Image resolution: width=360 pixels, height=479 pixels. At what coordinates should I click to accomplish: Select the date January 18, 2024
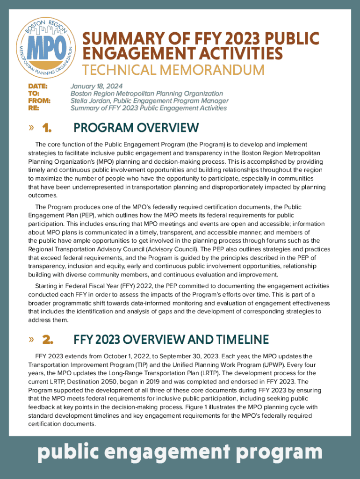tap(96, 86)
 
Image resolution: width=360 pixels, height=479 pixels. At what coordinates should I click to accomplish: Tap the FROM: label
tap(39, 101)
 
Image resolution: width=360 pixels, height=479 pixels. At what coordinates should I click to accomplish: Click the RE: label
tap(34, 108)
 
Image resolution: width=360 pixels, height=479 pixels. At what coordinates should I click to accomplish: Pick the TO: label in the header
tap(34, 94)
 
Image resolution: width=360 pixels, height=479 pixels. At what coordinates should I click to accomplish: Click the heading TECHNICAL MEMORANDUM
tap(173, 70)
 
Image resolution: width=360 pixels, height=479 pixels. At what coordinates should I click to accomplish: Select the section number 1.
tap(46, 128)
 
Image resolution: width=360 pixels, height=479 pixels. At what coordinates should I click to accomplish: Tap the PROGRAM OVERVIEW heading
tap(136, 128)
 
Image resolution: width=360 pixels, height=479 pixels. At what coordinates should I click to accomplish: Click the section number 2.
tap(47, 339)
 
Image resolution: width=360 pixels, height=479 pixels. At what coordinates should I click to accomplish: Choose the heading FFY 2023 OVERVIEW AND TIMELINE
tap(171, 339)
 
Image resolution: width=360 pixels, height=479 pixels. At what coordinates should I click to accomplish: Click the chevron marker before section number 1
tap(31, 128)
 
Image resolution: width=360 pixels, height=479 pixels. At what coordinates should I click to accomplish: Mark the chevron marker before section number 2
tap(31, 339)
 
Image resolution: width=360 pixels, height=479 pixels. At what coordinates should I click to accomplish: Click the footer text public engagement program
tap(180, 452)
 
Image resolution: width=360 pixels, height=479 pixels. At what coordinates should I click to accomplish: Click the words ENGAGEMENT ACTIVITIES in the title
tap(183, 53)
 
